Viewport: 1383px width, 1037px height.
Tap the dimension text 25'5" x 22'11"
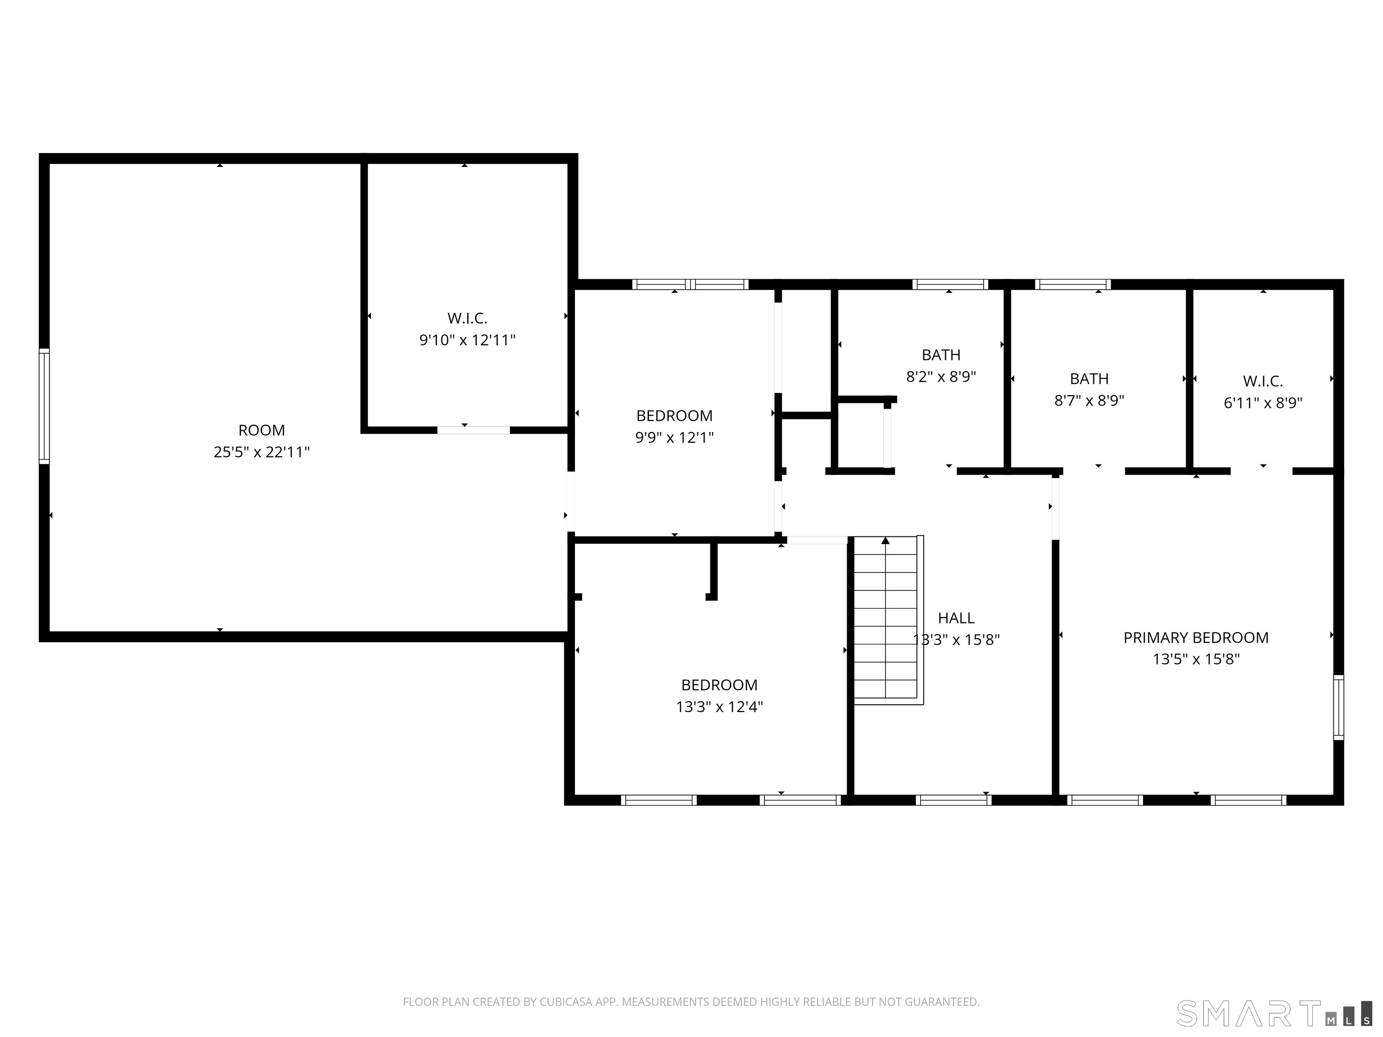point(262,452)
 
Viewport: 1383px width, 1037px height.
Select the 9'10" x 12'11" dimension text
point(467,340)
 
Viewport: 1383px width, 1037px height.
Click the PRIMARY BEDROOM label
point(1196,638)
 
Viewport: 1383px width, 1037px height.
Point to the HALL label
point(956,618)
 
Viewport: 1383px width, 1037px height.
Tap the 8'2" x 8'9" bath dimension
point(941,376)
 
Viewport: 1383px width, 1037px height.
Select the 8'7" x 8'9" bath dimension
point(1089,400)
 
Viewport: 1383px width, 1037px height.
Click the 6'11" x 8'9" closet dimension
point(1263,402)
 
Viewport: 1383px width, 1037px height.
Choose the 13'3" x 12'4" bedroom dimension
point(719,706)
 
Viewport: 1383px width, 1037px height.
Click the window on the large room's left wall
point(44,406)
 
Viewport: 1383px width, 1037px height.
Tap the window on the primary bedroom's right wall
point(1338,707)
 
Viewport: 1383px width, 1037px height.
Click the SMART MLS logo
point(1274,1013)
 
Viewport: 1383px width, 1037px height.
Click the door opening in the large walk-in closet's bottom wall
point(473,430)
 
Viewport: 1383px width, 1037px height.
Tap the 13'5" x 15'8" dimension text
point(1196,659)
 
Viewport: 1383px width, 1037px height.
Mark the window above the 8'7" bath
point(1073,284)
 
